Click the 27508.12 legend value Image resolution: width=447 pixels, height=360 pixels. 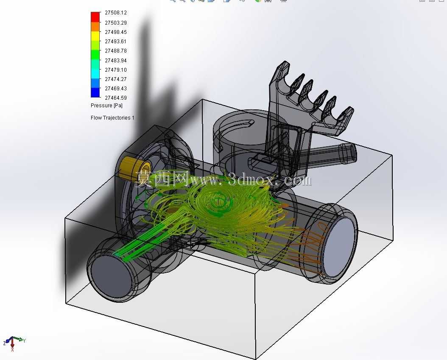click(x=116, y=13)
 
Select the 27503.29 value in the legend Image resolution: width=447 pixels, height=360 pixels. click(x=116, y=22)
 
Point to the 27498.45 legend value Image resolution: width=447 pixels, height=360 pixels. click(x=116, y=32)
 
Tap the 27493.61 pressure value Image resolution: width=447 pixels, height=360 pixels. click(x=116, y=41)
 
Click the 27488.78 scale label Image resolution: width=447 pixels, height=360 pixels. click(x=116, y=51)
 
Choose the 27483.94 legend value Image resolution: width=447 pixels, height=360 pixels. click(x=116, y=61)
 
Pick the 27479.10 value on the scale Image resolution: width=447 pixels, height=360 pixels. click(x=116, y=70)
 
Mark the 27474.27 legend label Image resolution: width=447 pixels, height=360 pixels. click(x=116, y=79)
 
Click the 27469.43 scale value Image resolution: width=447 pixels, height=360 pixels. click(x=116, y=88)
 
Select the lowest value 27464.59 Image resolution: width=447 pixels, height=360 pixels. click(x=116, y=98)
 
